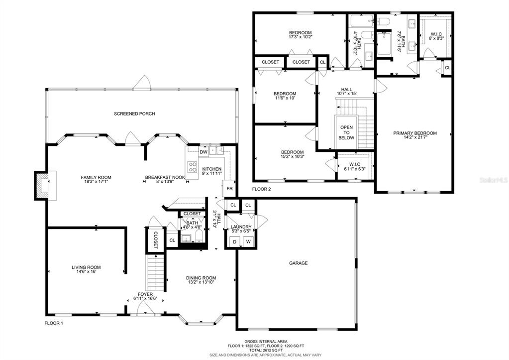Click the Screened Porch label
pyautogui.click(x=134, y=114)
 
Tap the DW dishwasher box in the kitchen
pyautogui.click(x=204, y=152)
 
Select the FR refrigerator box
pyautogui.click(x=229, y=188)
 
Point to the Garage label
pyautogui.click(x=299, y=263)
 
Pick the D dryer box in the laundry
pyautogui.click(x=234, y=241)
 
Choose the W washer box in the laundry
pyautogui.click(x=248, y=241)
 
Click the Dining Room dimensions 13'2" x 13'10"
pyautogui.click(x=201, y=282)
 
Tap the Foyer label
pyautogui.click(x=145, y=294)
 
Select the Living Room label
pyautogui.click(x=86, y=267)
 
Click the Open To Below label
pyautogui.click(x=346, y=132)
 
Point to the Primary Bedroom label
pyautogui.click(x=415, y=133)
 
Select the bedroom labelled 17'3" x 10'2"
pyautogui.click(x=300, y=32)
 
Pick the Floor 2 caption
pyautogui.click(x=261, y=189)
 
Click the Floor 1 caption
pyautogui.click(x=54, y=323)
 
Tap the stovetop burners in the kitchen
pyautogui.click(x=193, y=167)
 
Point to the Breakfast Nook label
pyautogui.click(x=165, y=177)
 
